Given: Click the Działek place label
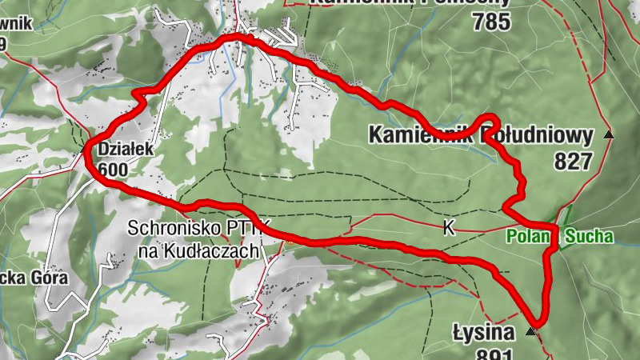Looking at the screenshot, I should (120, 149).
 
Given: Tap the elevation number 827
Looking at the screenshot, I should (572, 162).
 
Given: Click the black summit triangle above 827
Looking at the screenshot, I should (609, 135).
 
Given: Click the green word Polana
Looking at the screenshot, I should (528, 236).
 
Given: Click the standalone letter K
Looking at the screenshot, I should (449, 229).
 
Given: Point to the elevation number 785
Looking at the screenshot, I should (490, 22).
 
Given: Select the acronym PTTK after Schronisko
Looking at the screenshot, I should (253, 229).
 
